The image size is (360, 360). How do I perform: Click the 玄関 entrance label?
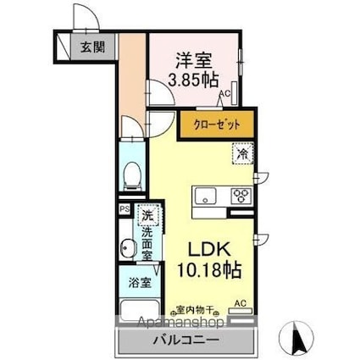90,47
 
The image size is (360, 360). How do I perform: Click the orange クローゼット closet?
216,125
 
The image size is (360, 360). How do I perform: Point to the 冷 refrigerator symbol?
242,155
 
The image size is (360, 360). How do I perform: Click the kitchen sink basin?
207,197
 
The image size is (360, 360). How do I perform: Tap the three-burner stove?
241,196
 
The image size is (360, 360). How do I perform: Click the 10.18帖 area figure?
208,271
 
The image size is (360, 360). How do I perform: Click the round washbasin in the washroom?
128,248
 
